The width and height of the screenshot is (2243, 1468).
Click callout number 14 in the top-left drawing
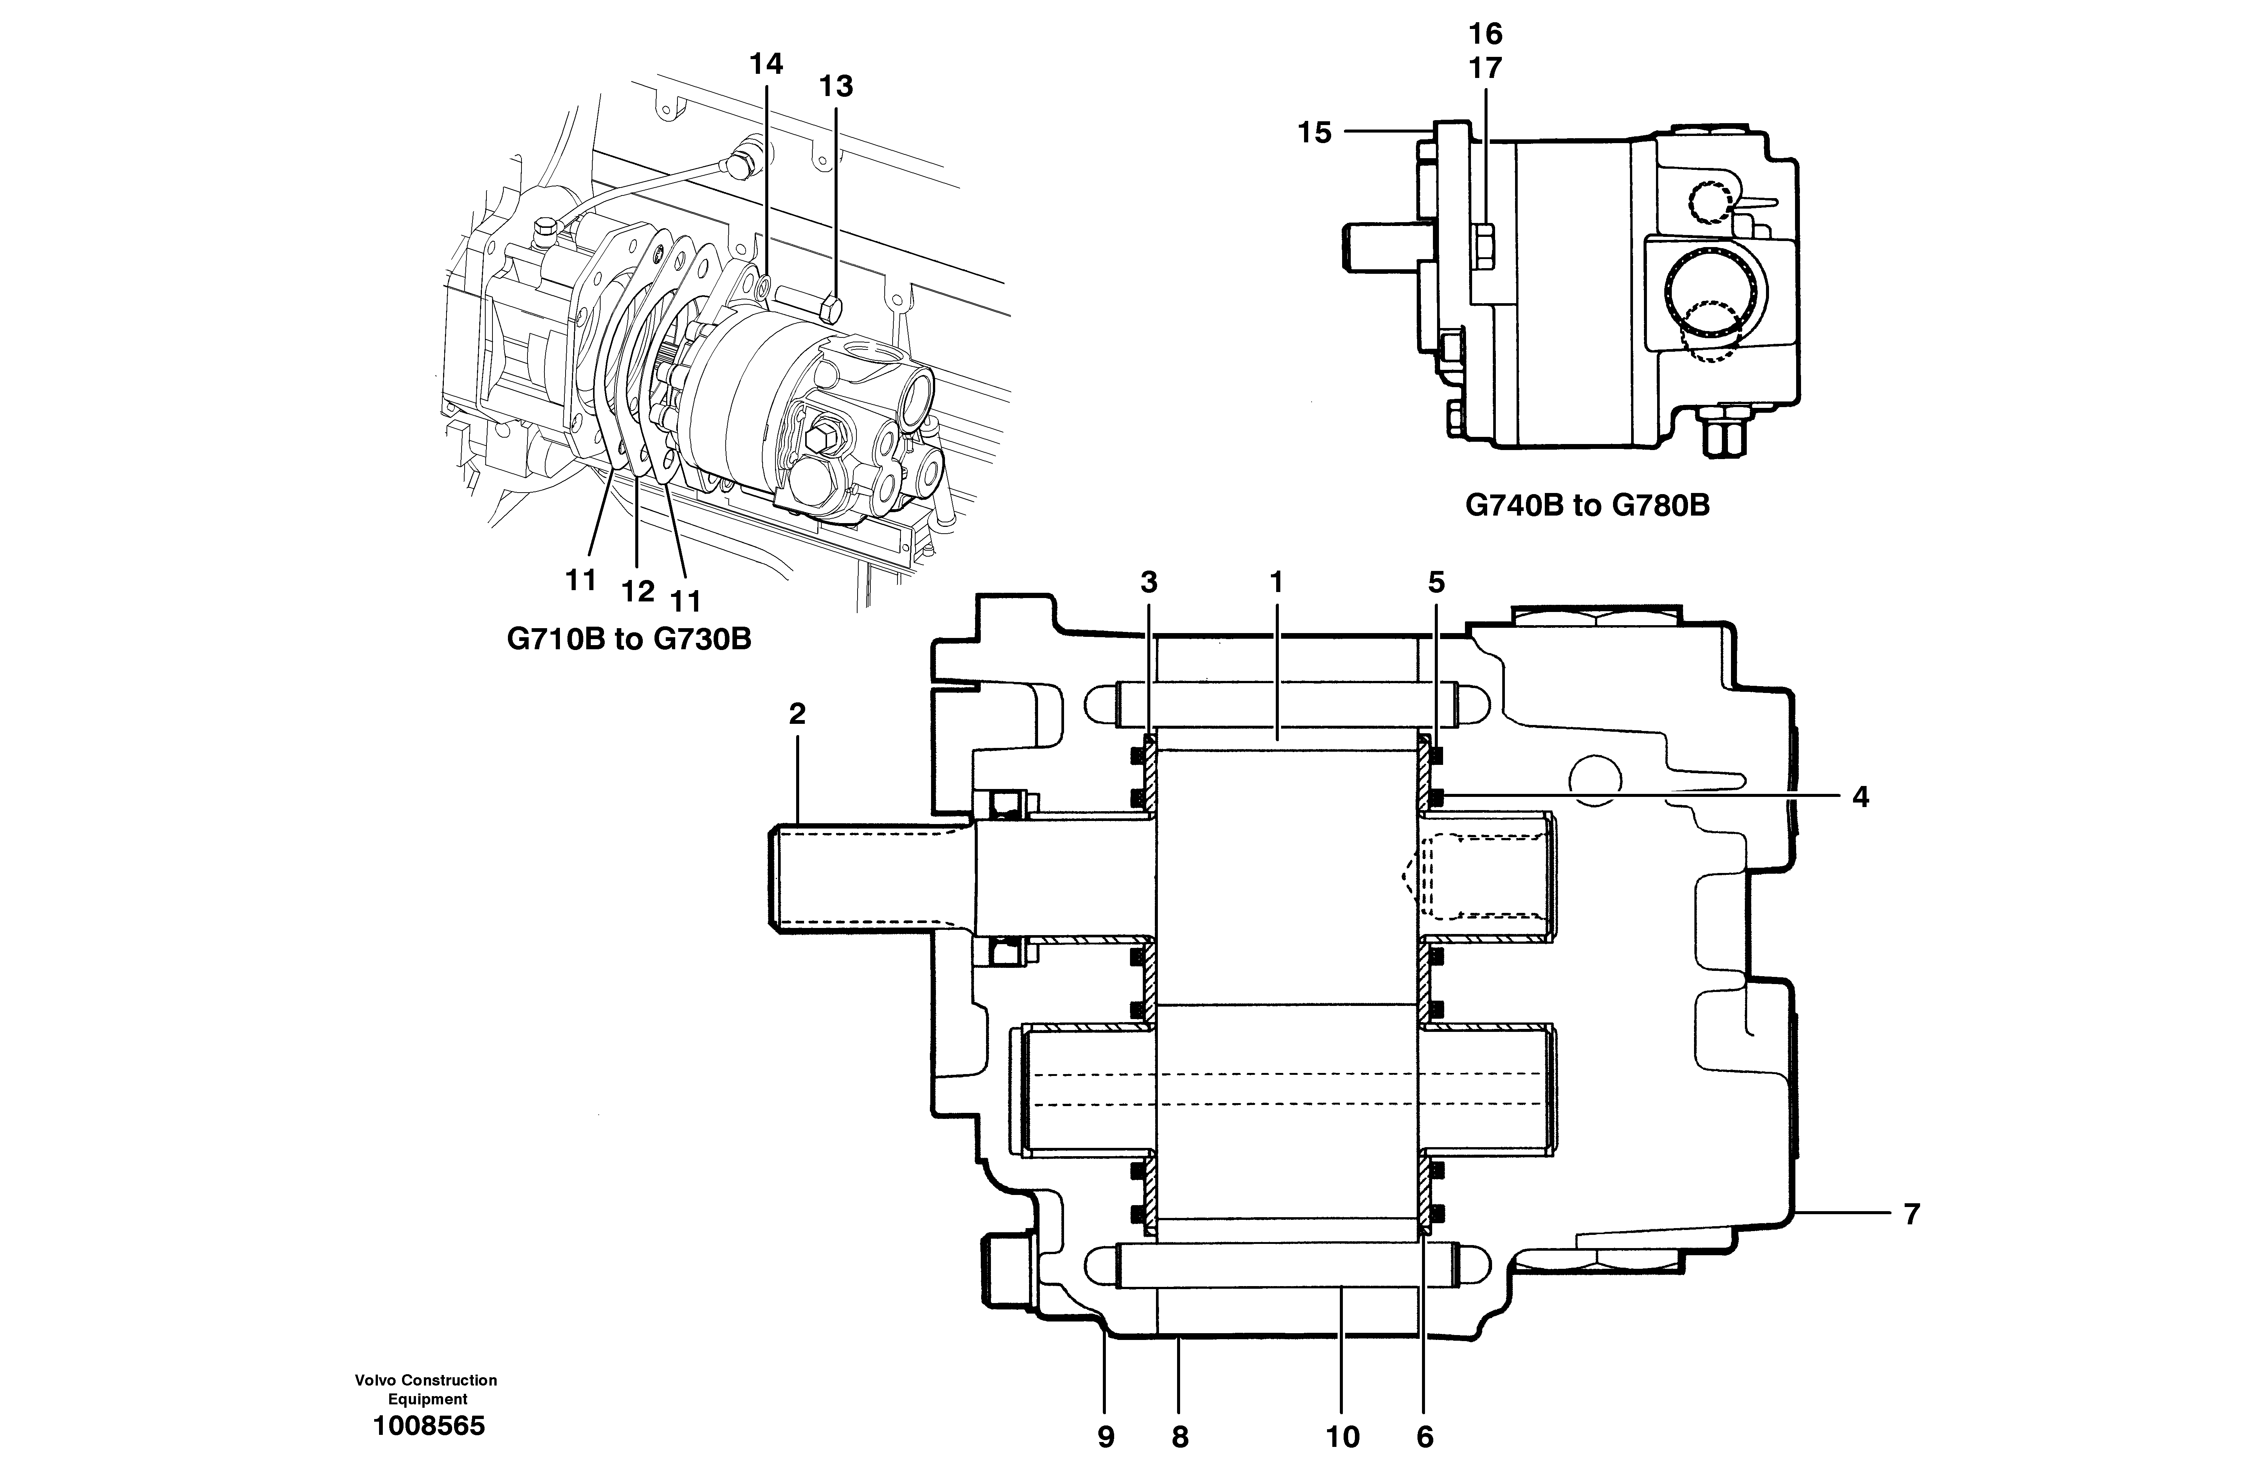[765, 64]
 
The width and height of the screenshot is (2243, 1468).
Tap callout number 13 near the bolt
[836, 87]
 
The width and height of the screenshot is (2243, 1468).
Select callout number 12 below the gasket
[638, 592]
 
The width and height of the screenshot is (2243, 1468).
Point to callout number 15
[1315, 133]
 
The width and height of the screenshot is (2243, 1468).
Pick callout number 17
[1485, 69]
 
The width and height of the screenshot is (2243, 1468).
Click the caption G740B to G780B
[1587, 506]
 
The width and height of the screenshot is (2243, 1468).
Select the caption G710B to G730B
[628, 640]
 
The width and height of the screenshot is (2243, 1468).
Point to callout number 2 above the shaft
[797, 714]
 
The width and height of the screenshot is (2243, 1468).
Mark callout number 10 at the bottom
[1343, 1437]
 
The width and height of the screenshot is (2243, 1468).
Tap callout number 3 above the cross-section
[1149, 583]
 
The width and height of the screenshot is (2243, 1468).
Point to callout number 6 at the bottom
[1424, 1437]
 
